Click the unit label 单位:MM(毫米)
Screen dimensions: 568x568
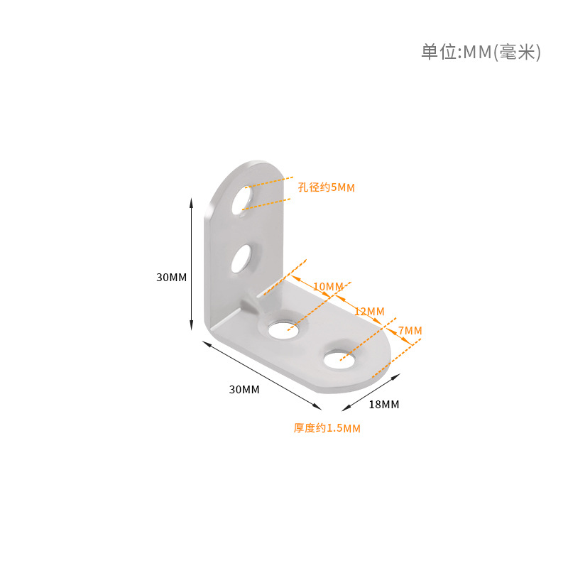click(x=481, y=53)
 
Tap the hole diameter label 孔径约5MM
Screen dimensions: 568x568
click(x=326, y=187)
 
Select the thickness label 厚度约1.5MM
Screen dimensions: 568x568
click(x=327, y=428)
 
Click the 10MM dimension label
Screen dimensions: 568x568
click(x=327, y=287)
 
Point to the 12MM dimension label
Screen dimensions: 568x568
click(x=369, y=312)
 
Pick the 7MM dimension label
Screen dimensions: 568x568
click(x=410, y=331)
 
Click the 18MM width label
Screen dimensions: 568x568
click(x=384, y=405)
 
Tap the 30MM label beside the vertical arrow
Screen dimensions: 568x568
click(x=171, y=278)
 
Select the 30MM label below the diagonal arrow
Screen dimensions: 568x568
click(x=244, y=390)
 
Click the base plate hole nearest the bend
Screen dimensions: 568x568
click(x=285, y=326)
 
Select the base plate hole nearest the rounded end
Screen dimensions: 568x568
click(x=339, y=358)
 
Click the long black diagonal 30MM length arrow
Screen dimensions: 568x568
click(x=262, y=375)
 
